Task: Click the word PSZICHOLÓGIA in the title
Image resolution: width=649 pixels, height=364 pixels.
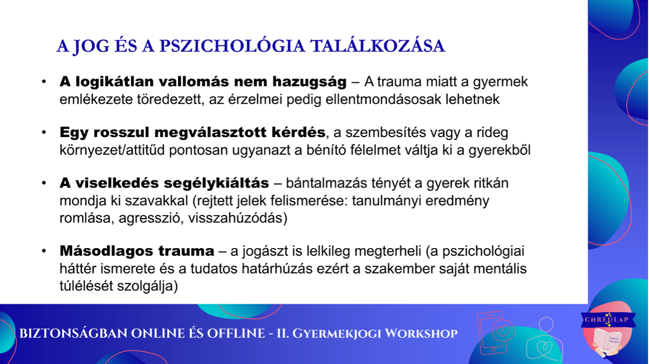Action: click(232, 46)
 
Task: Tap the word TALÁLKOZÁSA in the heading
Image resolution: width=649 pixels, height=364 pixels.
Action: click(377, 46)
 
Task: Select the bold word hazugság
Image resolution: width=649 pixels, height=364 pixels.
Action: click(309, 82)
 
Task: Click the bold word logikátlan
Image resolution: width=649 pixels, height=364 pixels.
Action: click(115, 82)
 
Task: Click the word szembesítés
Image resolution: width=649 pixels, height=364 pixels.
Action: click(385, 132)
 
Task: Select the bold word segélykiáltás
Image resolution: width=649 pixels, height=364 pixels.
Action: click(216, 183)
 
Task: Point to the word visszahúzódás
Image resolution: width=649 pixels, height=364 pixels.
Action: click(238, 218)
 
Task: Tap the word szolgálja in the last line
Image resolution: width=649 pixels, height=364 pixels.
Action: click(147, 286)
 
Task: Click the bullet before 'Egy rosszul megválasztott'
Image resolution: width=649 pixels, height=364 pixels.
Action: click(44, 132)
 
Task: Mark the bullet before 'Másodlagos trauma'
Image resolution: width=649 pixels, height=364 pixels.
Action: click(44, 251)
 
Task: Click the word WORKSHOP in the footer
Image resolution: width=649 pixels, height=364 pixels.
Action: click(421, 334)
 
